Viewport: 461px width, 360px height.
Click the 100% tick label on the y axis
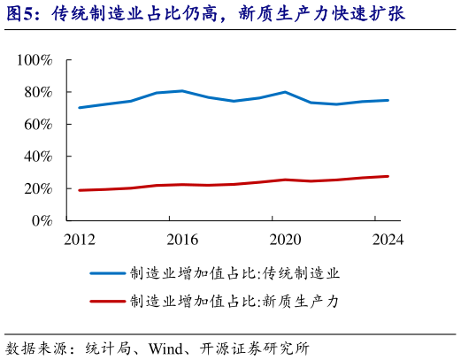pos(35,60)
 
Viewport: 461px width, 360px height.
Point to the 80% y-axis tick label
pos(38,92)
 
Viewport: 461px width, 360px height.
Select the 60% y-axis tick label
pos(38,125)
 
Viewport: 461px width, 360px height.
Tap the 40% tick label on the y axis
pos(38,157)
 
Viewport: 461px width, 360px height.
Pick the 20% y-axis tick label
pos(38,188)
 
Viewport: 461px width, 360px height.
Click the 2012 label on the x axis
pos(81,240)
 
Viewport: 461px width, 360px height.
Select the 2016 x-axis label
pos(183,240)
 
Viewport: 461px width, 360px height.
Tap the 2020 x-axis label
pos(285,240)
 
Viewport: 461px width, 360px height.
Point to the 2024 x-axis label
pos(388,240)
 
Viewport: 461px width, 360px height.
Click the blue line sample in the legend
pos(107,274)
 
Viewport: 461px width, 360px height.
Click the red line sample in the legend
pos(107,302)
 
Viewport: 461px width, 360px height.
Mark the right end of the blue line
pos(388,101)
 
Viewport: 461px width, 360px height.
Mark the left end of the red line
pos(81,190)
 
